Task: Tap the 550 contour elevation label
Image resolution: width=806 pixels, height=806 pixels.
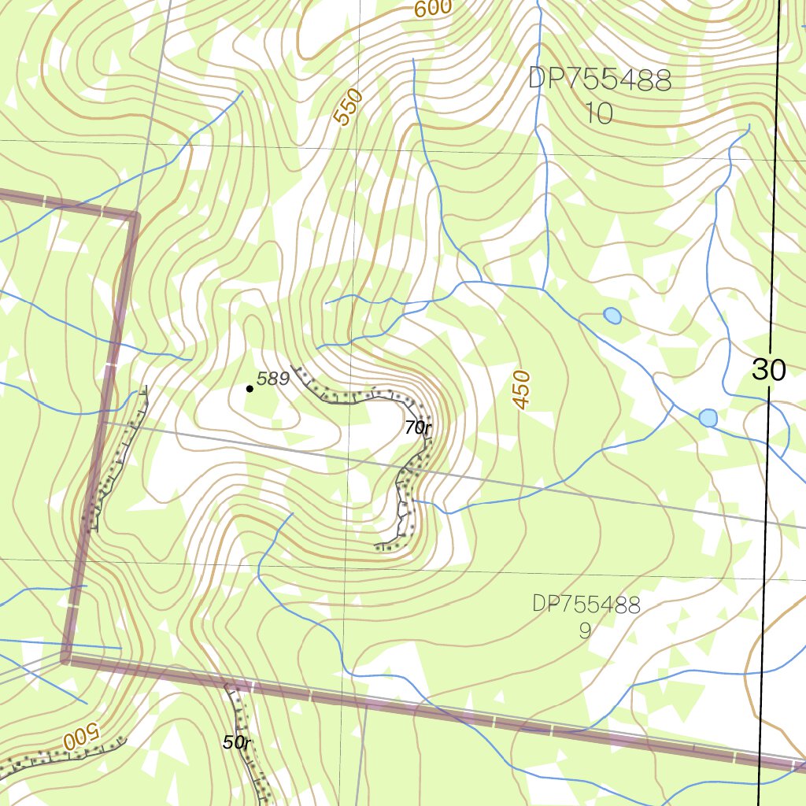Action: click(x=347, y=108)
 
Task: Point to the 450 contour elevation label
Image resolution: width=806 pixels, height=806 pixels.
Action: click(x=522, y=389)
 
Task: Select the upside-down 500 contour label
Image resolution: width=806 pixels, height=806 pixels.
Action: click(x=79, y=738)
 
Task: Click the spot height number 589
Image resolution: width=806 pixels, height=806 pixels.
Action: click(x=274, y=379)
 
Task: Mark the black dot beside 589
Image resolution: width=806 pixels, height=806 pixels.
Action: click(x=250, y=388)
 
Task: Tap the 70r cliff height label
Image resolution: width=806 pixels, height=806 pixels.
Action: click(x=418, y=428)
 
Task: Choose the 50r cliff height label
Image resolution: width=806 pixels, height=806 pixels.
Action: click(x=236, y=742)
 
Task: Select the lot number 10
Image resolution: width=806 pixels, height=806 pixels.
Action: click(x=599, y=114)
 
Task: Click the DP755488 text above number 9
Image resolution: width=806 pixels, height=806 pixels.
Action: click(x=586, y=604)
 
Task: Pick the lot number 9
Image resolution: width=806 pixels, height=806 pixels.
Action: click(x=584, y=630)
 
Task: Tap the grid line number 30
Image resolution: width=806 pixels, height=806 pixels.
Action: click(x=768, y=370)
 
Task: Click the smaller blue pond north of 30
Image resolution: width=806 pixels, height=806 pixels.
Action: click(x=612, y=316)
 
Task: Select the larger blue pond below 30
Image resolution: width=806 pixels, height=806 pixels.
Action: click(x=708, y=418)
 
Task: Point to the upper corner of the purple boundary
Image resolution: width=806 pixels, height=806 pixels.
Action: click(x=134, y=214)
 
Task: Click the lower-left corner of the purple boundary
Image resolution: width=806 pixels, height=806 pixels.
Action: click(x=67, y=658)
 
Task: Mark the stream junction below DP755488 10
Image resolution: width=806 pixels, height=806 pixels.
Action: click(x=543, y=289)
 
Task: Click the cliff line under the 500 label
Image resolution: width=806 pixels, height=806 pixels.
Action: click(x=63, y=754)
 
